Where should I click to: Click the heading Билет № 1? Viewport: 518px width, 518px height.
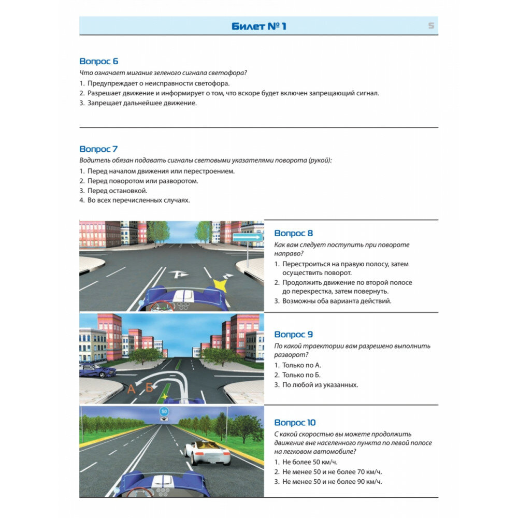tap(258, 26)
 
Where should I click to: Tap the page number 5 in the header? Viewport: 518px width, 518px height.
tap(431, 26)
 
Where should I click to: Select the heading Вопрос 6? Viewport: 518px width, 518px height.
tap(99, 61)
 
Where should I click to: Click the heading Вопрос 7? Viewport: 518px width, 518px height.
tap(99, 149)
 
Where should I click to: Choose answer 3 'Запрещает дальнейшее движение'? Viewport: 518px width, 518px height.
tap(138, 103)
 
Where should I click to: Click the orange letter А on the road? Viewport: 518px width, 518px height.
tap(131, 389)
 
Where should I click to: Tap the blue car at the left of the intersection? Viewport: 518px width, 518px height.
tap(97, 370)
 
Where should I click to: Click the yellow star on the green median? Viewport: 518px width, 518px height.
tap(165, 396)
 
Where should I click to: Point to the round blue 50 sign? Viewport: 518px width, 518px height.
tap(164, 411)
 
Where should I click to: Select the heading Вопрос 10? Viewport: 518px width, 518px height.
tap(295, 423)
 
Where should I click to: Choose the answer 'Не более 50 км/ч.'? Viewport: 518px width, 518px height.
tap(306, 462)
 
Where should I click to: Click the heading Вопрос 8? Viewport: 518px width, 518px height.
tap(294, 234)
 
